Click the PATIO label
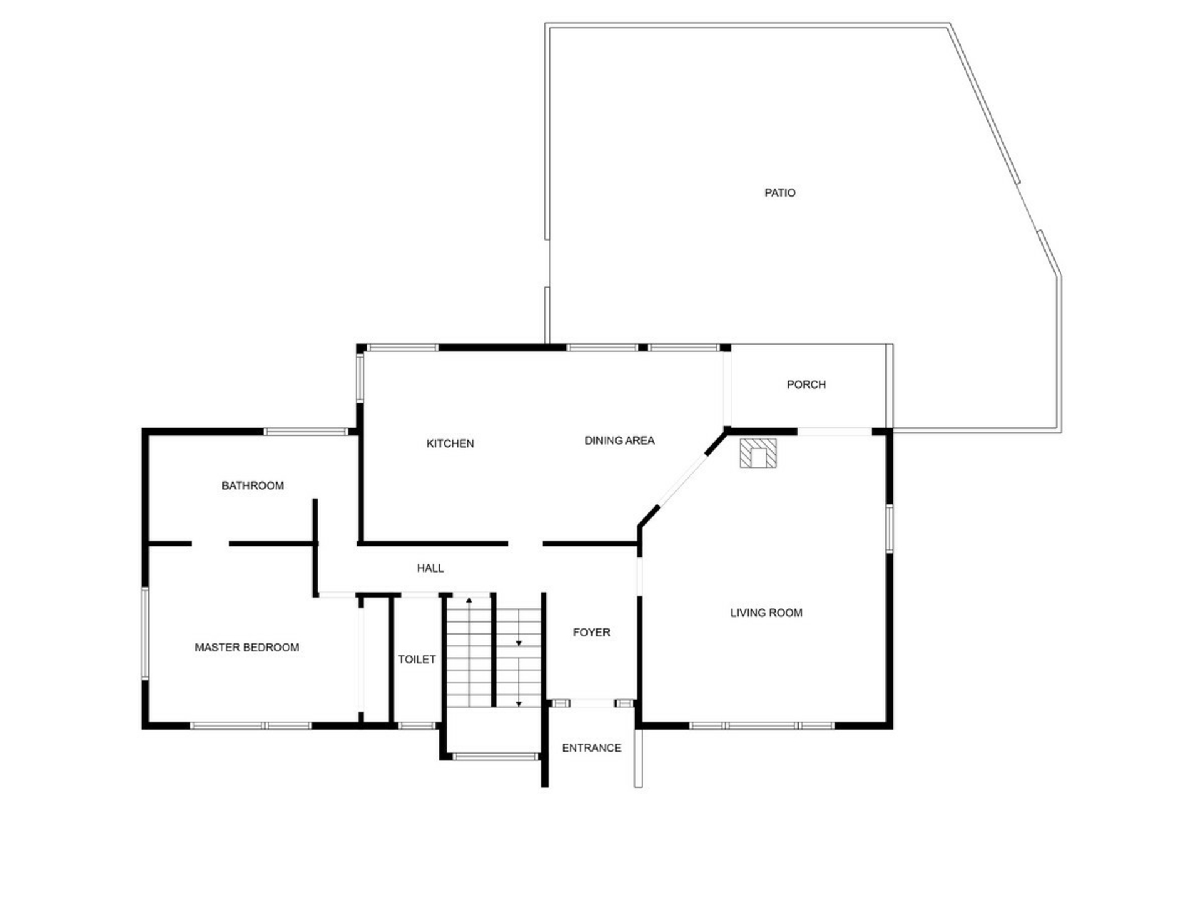point(779,193)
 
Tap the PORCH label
point(806,385)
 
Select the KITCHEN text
point(450,443)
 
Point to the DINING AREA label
point(619,441)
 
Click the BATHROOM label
point(253,485)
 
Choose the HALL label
point(430,568)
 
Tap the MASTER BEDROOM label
point(247,648)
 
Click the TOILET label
point(417,660)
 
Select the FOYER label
point(591,633)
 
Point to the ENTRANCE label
point(591,748)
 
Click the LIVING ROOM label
point(766,613)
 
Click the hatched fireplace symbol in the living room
point(758,453)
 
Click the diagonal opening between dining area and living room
point(683,480)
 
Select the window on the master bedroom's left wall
point(145,634)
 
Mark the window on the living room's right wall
point(889,529)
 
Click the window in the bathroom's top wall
point(305,432)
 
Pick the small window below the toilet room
point(417,726)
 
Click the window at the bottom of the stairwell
point(495,757)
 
